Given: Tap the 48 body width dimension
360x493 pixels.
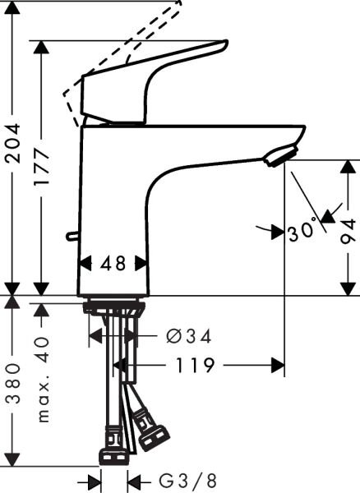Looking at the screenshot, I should click(x=115, y=265).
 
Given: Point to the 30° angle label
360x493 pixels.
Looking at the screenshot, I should click(x=302, y=233).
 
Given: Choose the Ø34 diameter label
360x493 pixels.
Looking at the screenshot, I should click(x=189, y=336).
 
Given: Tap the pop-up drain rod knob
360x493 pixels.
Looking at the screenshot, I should click(x=72, y=237).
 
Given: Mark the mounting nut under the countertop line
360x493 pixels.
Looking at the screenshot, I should click(x=114, y=309).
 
